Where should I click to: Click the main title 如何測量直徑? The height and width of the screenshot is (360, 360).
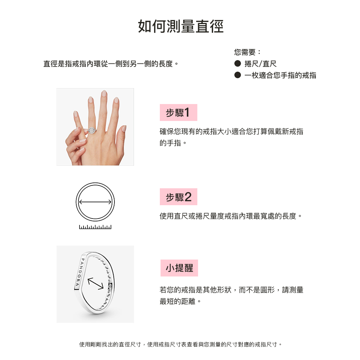click(181, 26)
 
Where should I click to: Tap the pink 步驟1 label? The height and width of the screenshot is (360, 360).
click(179, 112)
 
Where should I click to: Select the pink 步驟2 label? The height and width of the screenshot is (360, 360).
click(179, 197)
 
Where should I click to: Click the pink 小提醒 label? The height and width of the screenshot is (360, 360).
click(179, 268)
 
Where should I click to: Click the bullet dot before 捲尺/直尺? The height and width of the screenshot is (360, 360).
click(238, 64)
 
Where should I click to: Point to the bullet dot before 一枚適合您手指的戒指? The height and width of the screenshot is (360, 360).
click(238, 75)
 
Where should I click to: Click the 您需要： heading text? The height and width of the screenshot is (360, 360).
click(248, 52)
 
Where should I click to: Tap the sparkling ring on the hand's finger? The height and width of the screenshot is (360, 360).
click(92, 130)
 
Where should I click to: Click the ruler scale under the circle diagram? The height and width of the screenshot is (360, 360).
click(95, 227)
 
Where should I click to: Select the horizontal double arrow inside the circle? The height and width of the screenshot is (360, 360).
click(95, 202)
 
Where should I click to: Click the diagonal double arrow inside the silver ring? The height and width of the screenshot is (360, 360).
click(96, 284)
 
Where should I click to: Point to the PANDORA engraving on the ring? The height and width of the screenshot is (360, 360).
click(80, 273)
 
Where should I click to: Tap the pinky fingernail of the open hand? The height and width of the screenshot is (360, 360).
click(124, 129)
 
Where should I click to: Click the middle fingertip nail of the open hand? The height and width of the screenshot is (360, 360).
click(104, 93)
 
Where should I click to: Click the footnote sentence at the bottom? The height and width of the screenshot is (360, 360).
click(181, 345)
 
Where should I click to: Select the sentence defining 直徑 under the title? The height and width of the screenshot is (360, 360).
click(111, 64)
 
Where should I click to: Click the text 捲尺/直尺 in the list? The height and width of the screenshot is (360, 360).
click(261, 64)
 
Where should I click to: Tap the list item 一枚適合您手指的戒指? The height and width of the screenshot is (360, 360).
click(280, 75)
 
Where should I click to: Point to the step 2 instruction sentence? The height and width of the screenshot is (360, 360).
click(231, 216)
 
